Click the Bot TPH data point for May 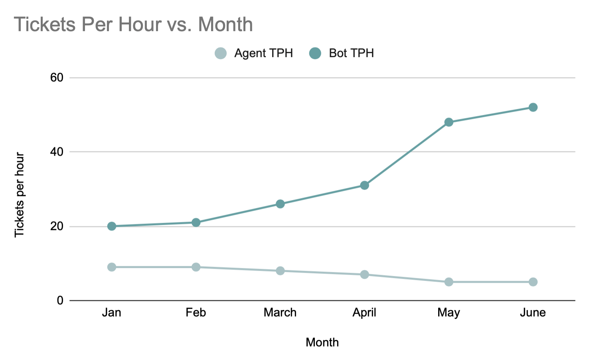(x=449, y=122)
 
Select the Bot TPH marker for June (x=533, y=107)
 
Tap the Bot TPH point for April (x=364, y=185)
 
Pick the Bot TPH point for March (x=280, y=204)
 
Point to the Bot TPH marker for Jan (x=112, y=226)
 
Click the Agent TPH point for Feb (x=196, y=267)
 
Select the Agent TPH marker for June (x=533, y=282)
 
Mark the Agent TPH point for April (x=364, y=275)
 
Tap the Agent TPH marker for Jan (x=112, y=267)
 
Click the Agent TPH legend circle (x=221, y=53)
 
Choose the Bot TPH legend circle (x=315, y=53)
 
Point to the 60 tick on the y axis (x=57, y=77)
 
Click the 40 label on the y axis (x=57, y=152)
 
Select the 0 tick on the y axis (x=60, y=300)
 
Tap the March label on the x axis (x=280, y=313)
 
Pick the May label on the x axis (x=449, y=313)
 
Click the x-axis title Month (x=322, y=342)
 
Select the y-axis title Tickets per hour (x=20, y=195)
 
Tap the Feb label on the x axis (x=196, y=313)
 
